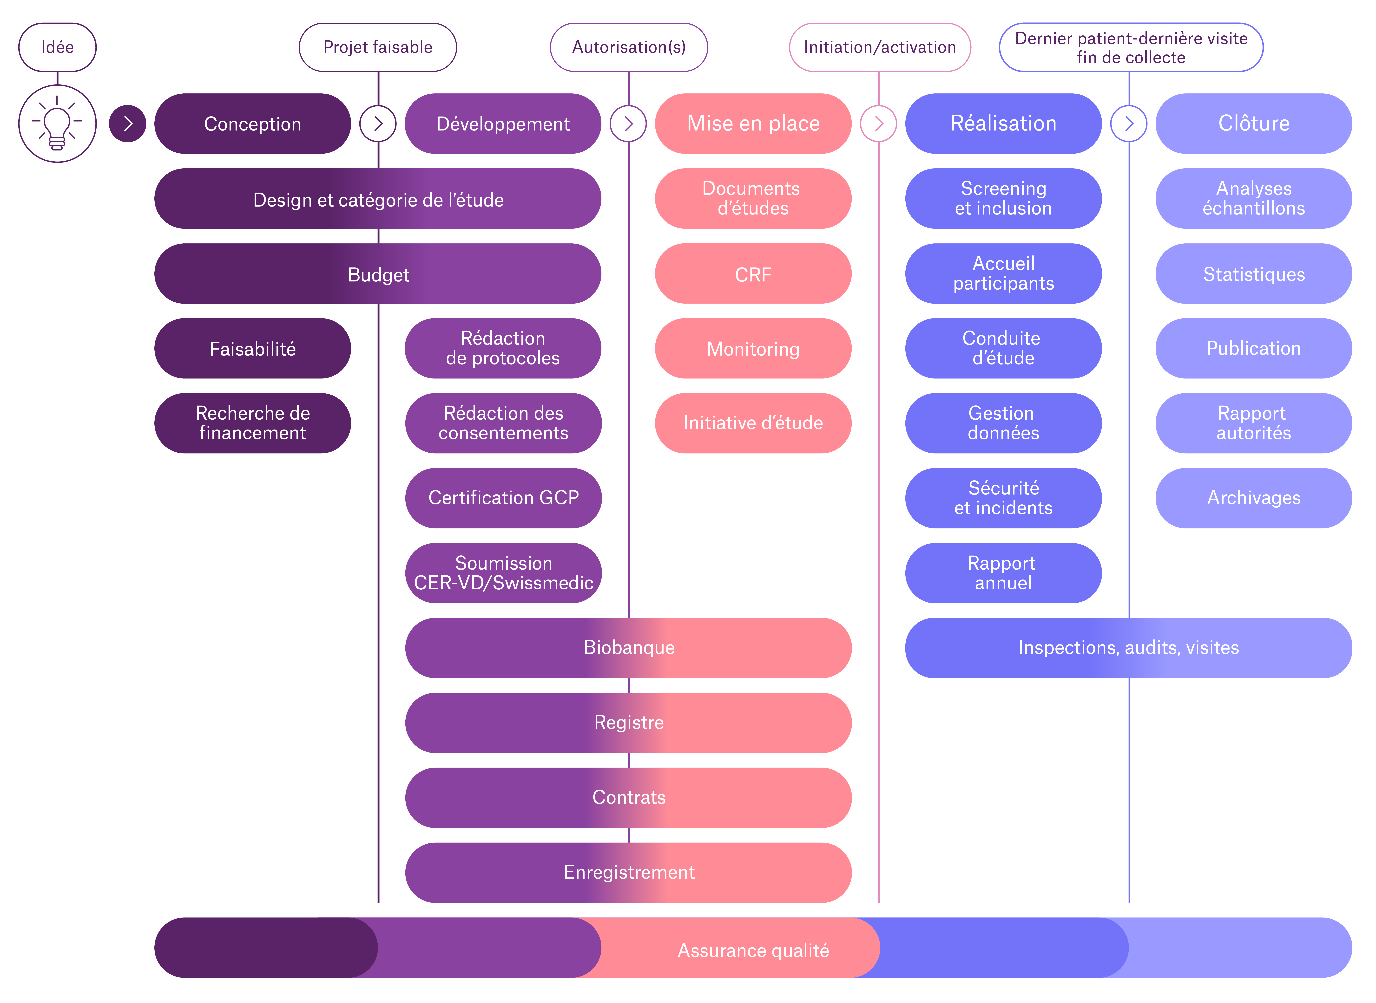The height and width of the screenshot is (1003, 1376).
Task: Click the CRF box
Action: pos(753,274)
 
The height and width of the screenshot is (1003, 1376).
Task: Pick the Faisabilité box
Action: pos(253,349)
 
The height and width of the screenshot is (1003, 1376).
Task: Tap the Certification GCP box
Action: pos(503,498)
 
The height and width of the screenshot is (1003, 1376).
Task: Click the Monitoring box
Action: pos(753,349)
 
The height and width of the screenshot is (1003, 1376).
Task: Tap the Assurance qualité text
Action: pos(753,950)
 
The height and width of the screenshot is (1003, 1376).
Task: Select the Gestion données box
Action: pos(1003,423)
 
